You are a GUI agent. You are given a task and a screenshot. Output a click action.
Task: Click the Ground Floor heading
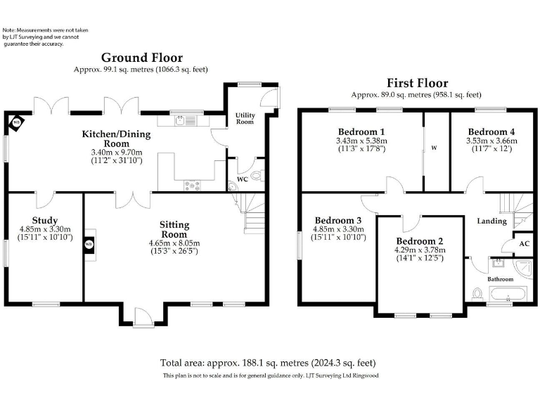(141, 58)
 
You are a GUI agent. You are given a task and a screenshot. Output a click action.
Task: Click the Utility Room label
(245, 118)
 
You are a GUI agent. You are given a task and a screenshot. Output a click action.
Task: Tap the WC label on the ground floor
(243, 179)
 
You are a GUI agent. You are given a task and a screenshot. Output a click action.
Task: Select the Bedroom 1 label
(361, 131)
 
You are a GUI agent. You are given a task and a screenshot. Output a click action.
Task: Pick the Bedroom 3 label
(338, 219)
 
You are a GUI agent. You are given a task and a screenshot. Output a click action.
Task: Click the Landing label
(491, 221)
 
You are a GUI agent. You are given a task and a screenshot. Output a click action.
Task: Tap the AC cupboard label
(524, 243)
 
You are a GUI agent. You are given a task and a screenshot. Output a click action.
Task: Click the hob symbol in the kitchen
(192, 185)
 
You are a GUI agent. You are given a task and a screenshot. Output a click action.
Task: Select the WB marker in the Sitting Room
(89, 245)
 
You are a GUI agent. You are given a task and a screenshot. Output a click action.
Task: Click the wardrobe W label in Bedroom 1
(434, 148)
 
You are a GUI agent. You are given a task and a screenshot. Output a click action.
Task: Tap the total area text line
(268, 363)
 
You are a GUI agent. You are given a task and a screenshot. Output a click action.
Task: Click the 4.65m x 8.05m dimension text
(174, 243)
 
